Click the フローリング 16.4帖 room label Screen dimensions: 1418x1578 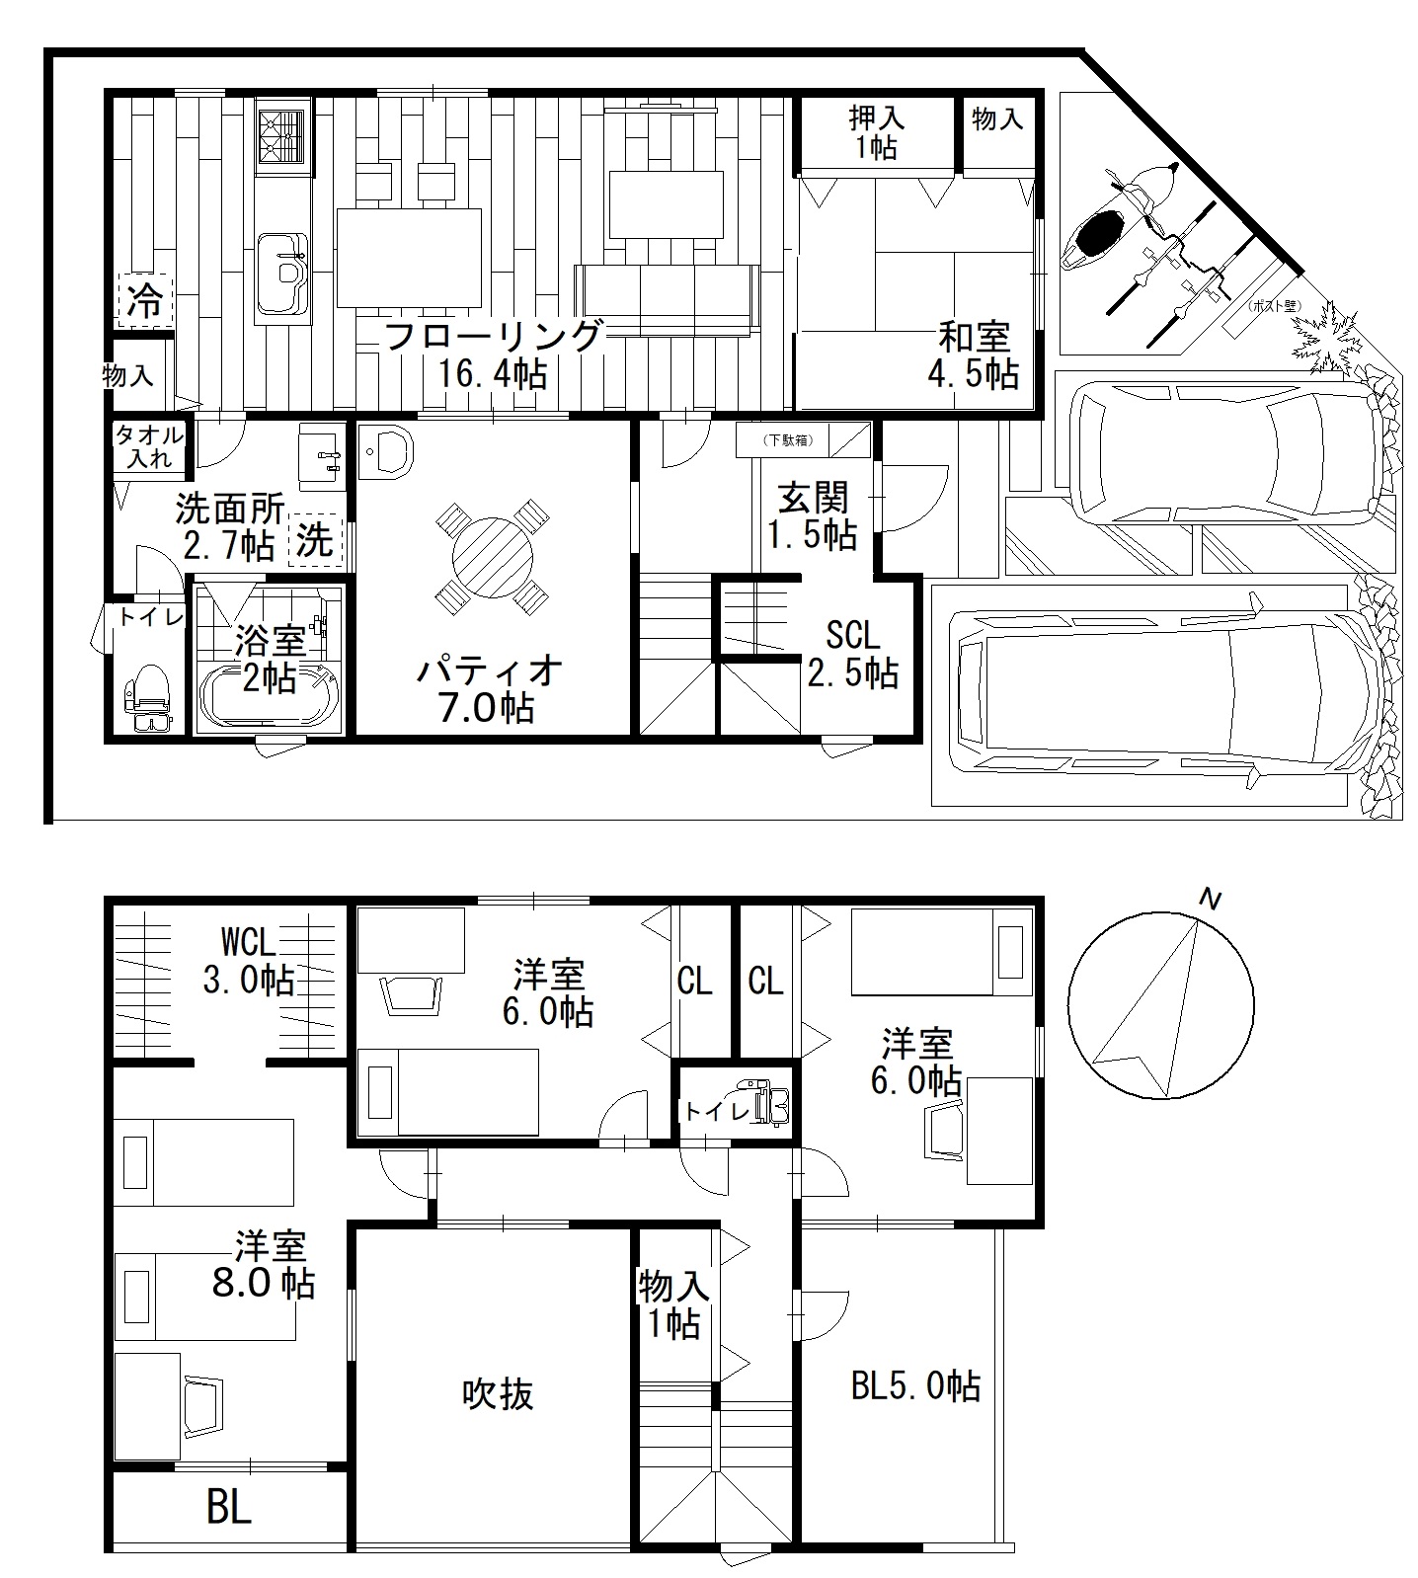pos(492,355)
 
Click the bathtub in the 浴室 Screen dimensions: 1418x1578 pos(270,695)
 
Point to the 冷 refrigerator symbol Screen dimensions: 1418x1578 pos(146,300)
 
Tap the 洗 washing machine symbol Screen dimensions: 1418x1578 pos(315,541)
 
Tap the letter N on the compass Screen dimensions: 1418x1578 pos(1209,899)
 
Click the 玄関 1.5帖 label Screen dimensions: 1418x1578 pos(813,514)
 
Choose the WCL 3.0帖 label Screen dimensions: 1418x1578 pos(249,960)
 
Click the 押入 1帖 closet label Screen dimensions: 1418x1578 pos(876,132)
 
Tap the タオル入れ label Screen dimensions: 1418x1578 pos(149,446)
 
